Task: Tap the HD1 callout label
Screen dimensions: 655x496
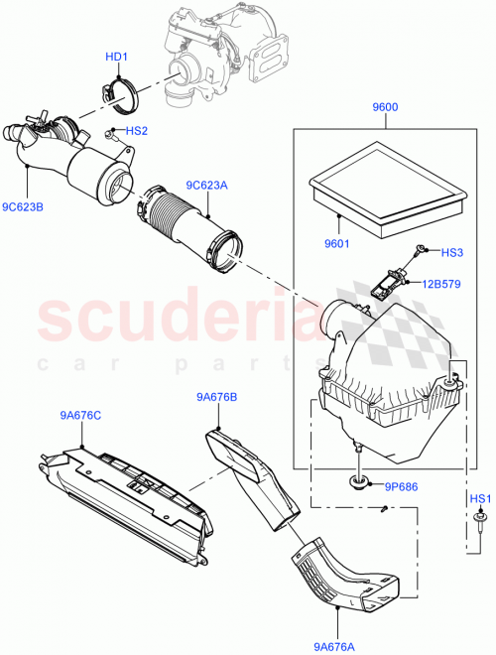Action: pyautogui.click(x=117, y=57)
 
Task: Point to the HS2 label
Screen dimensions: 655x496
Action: pyautogui.click(x=136, y=130)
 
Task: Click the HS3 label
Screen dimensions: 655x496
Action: pyautogui.click(x=451, y=253)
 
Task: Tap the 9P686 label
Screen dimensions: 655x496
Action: pyautogui.click(x=402, y=487)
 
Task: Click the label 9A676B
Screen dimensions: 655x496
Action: pyautogui.click(x=216, y=397)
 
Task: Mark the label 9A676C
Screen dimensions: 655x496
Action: pyautogui.click(x=79, y=416)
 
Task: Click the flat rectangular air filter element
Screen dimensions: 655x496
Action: pyautogui.click(x=387, y=189)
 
